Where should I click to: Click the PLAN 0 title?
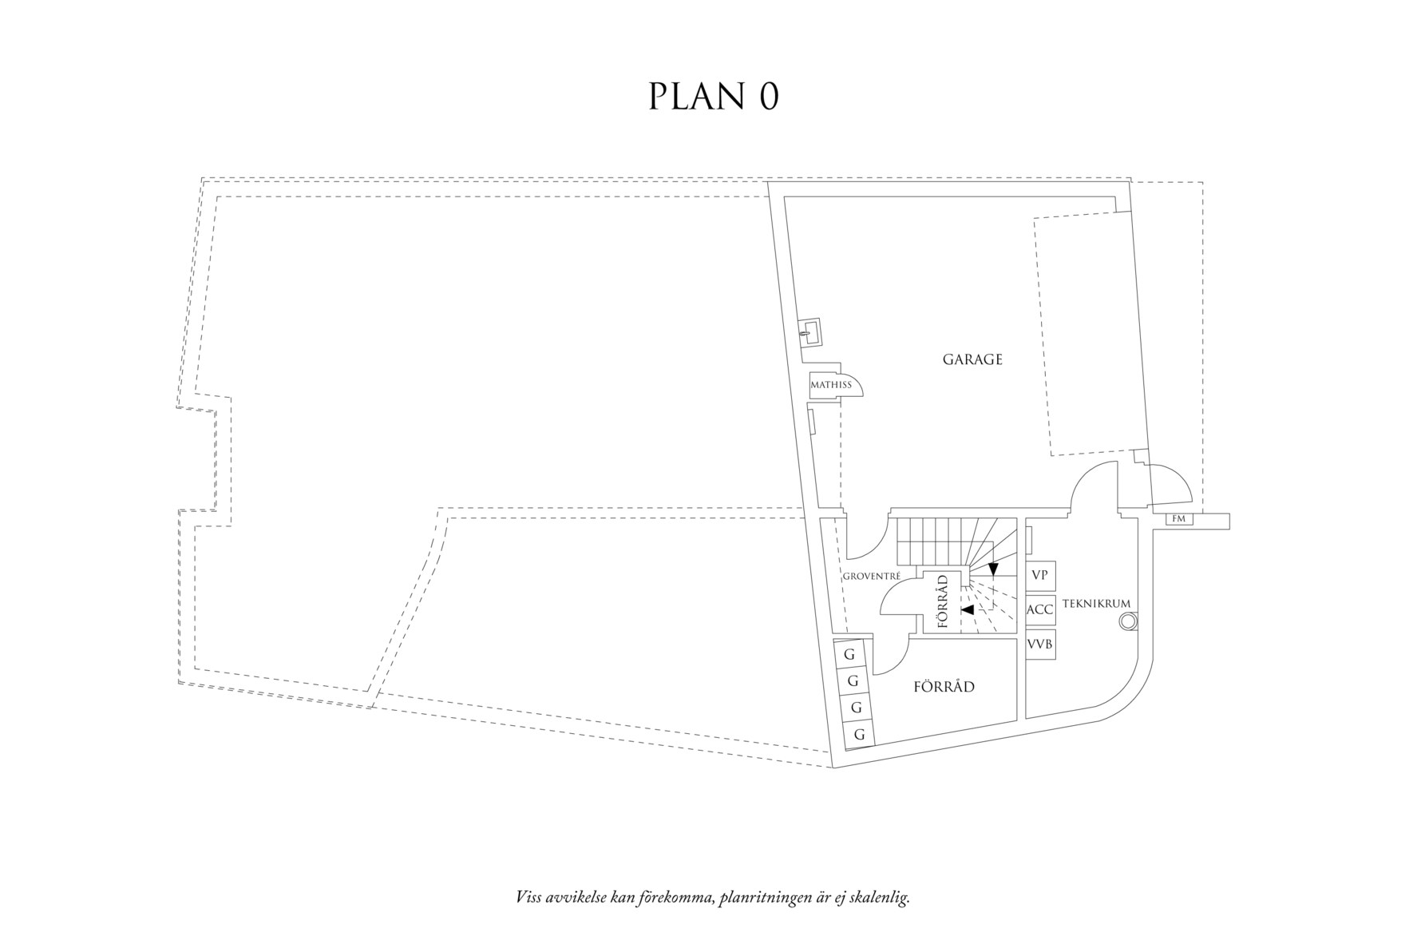point(713,97)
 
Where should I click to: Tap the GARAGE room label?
point(972,359)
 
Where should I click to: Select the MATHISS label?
point(830,385)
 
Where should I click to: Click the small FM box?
point(1178,519)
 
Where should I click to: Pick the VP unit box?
point(1039,575)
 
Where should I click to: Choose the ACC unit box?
point(1039,609)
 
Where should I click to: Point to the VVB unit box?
point(1039,644)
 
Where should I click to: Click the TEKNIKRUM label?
point(1097,604)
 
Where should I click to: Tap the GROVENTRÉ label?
point(872,575)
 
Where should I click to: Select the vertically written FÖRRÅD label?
point(943,602)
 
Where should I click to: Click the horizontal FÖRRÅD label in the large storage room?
point(944,687)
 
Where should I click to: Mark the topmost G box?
point(849,655)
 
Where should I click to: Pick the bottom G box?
point(859,734)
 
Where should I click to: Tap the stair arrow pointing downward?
point(993,569)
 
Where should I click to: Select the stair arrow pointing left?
point(968,610)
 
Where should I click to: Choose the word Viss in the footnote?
point(529,898)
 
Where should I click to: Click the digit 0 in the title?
point(767,97)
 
